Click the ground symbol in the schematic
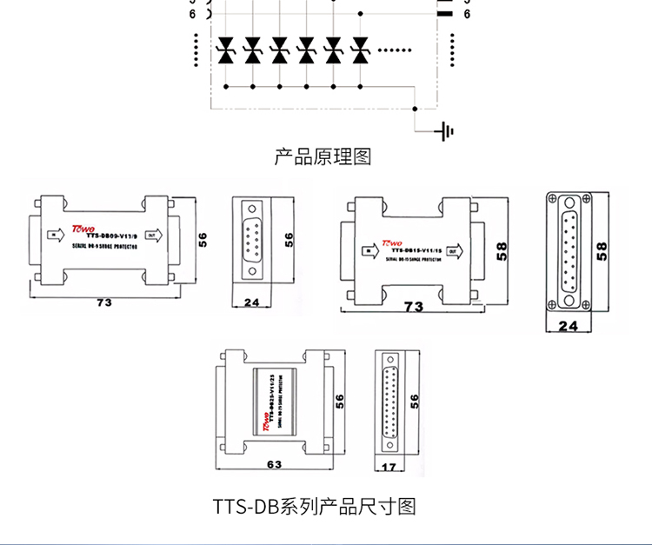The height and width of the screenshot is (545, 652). (x=446, y=131)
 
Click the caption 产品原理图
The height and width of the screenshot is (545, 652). (x=323, y=157)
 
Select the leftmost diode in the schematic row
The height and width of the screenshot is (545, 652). (x=225, y=50)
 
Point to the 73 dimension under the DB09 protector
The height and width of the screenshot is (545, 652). (x=104, y=302)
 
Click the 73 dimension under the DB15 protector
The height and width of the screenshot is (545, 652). (x=414, y=307)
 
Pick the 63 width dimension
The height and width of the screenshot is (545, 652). (x=275, y=465)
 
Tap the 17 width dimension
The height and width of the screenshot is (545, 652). (x=389, y=468)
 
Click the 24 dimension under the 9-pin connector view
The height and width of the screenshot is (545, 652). (x=252, y=302)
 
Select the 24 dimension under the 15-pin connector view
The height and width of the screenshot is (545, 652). (x=568, y=327)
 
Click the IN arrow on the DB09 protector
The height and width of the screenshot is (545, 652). (x=54, y=234)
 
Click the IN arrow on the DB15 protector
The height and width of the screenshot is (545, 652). (x=369, y=251)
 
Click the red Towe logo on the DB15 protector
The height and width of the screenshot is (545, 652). (x=390, y=243)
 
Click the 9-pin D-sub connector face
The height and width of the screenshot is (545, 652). (x=252, y=239)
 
